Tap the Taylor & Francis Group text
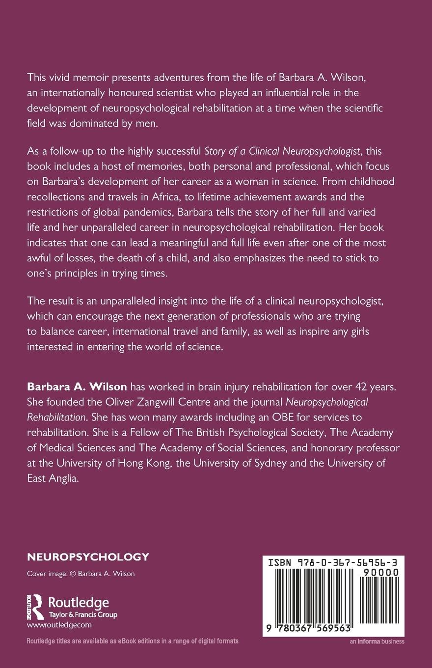pos(82,614)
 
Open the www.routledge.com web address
pos(59,625)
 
